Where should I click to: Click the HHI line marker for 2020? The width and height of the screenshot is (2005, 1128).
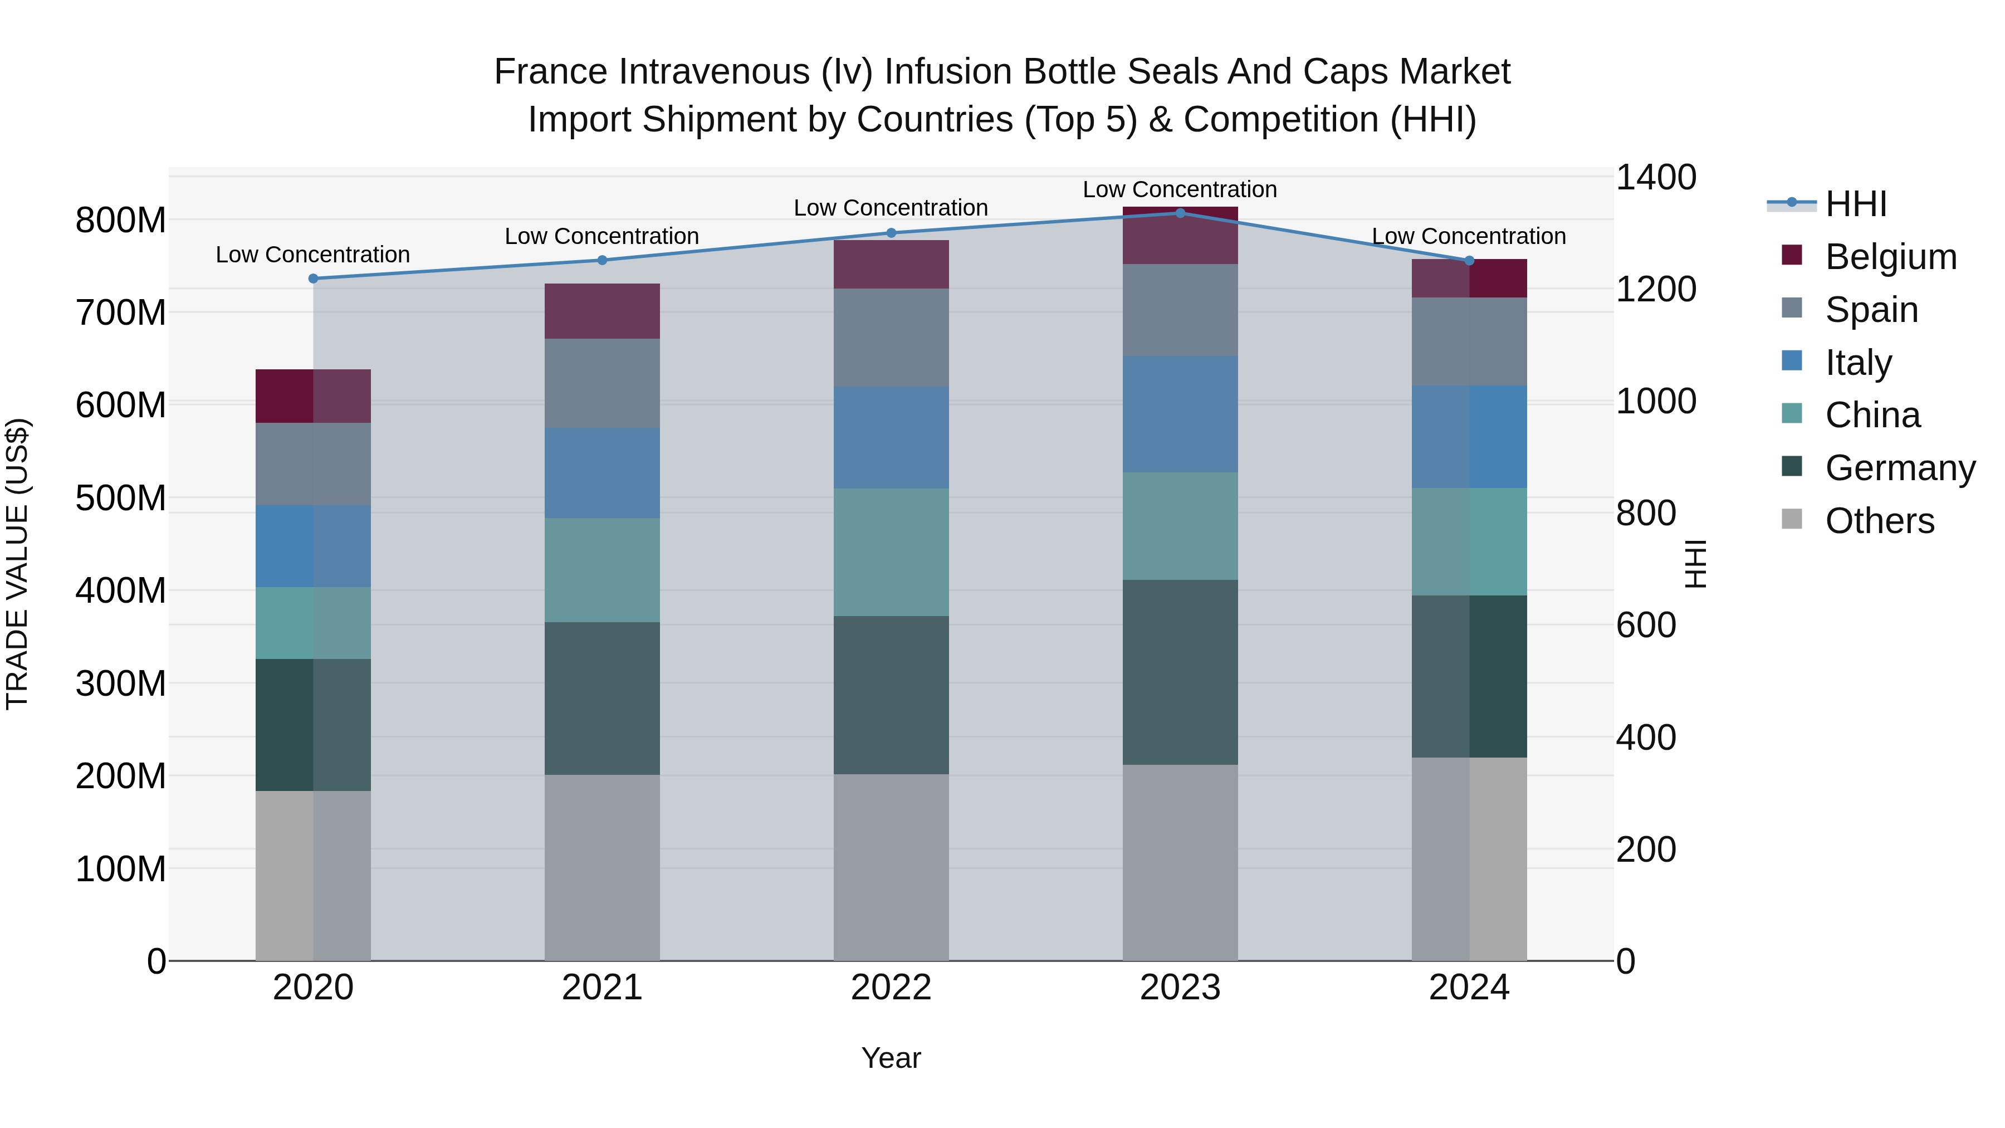click(313, 279)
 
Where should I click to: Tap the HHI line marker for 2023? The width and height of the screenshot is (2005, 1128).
click(1180, 213)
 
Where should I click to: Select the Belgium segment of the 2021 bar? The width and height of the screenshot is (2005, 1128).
click(601, 311)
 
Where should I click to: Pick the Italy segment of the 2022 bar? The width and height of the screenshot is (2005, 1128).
click(891, 437)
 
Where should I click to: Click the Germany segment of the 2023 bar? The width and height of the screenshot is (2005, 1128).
click(1180, 672)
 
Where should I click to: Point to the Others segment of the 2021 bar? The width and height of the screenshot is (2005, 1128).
click(601, 867)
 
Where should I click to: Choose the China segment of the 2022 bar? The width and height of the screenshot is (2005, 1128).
click(891, 552)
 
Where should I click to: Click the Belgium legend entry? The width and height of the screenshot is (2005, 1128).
click(1891, 257)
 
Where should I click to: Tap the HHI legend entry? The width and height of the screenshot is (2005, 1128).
click(1856, 204)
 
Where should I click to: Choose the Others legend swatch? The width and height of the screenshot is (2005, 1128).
click(1792, 519)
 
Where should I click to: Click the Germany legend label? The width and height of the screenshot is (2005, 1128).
click(1900, 468)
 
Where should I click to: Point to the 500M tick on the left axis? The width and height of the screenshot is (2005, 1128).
click(121, 498)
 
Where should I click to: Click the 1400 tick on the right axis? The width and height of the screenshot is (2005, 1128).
click(1656, 178)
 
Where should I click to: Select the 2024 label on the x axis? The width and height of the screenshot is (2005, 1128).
click(1469, 988)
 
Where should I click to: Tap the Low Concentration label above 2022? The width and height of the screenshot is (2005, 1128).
click(891, 208)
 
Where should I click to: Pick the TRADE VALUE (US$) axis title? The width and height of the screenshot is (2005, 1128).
click(17, 564)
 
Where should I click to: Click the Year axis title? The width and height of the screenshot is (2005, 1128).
click(891, 1058)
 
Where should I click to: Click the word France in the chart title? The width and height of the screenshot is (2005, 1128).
click(550, 72)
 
